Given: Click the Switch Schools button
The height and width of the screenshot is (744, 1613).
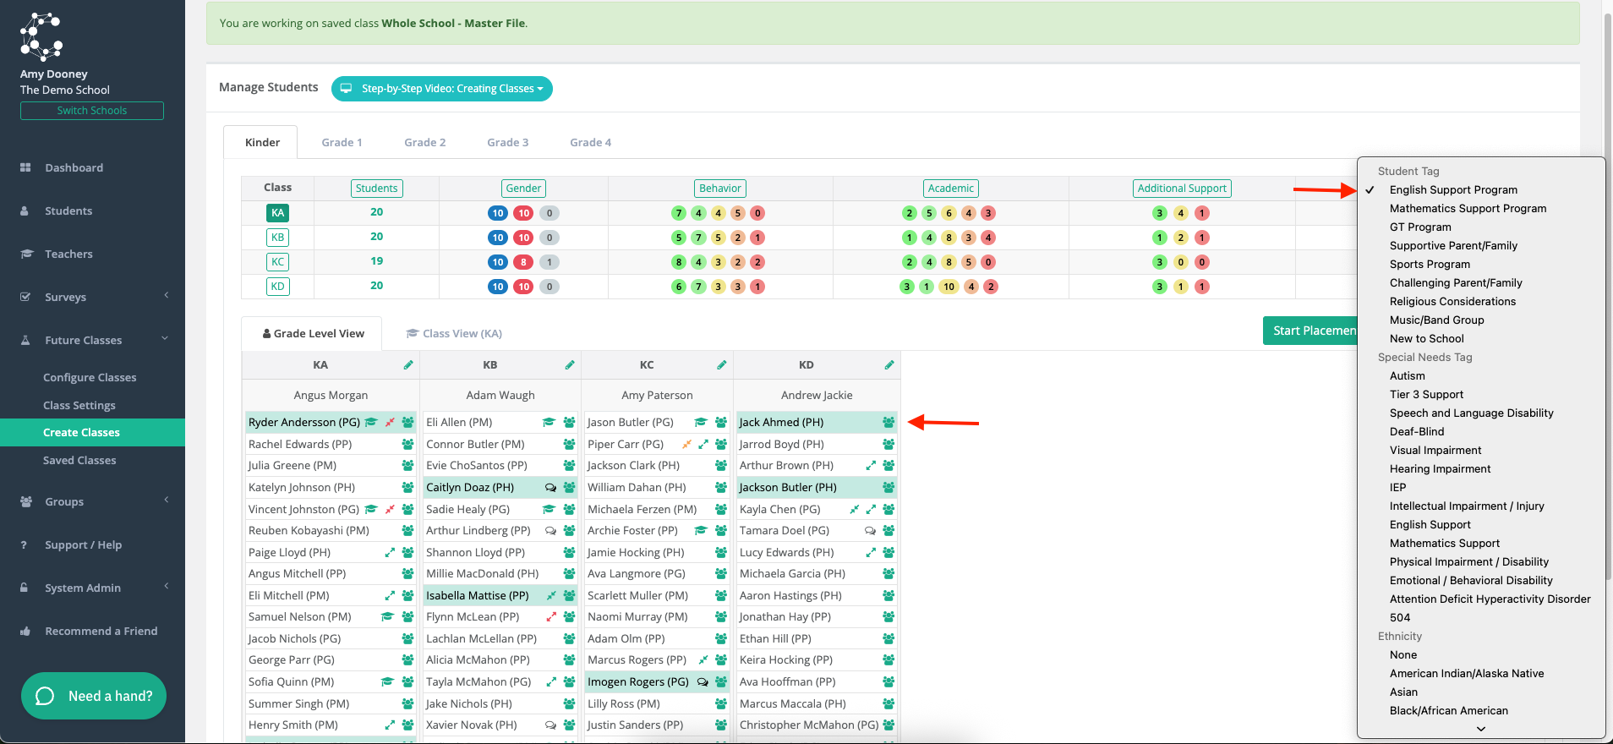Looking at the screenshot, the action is [92, 111].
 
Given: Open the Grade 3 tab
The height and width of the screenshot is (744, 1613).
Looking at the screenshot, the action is [507, 142].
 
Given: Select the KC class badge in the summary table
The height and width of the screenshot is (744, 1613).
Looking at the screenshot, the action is [277, 262].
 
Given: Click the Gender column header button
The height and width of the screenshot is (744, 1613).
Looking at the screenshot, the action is [523, 189].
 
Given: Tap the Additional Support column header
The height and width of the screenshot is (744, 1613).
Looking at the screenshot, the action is [1182, 189].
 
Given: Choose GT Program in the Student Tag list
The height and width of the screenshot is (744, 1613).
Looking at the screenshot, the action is [1420, 227].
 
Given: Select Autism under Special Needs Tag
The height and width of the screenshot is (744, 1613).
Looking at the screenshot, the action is [1407, 375].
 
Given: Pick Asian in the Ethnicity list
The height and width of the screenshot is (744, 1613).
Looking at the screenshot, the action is [1403, 692].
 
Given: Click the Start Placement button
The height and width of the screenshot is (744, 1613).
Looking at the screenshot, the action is [1310, 331].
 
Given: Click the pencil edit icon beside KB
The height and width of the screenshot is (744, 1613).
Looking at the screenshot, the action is [570, 365].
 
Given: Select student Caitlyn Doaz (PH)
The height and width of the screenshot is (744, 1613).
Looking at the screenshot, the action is [470, 487].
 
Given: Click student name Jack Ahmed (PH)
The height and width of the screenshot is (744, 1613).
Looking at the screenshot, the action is [781, 422].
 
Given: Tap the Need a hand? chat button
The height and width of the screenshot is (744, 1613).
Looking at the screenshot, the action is [94, 696].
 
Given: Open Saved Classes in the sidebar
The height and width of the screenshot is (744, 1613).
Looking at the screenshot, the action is [79, 460].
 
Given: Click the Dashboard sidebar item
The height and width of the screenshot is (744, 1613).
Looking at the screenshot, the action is [74, 167].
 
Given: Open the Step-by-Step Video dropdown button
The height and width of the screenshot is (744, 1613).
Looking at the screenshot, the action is [442, 89].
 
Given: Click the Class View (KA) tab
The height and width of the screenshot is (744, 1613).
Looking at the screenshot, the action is [455, 333].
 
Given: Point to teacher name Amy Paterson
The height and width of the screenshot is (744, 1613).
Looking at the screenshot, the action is [657, 395].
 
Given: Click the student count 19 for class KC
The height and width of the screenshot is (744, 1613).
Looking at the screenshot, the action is [377, 261].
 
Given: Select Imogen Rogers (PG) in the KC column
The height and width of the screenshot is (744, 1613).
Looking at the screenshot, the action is [638, 681].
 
